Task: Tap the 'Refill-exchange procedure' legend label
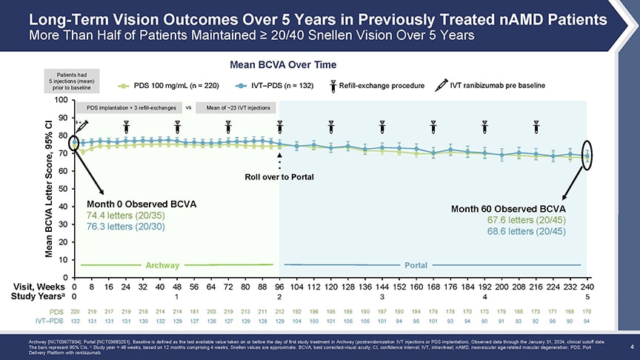point(381,85)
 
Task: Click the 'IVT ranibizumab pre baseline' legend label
point(497,85)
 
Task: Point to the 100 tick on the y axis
point(61,100)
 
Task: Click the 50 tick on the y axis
point(63,189)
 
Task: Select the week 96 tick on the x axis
point(279,287)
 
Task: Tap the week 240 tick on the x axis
point(587,287)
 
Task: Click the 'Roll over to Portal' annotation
point(279,176)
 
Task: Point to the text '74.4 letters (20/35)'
point(121,215)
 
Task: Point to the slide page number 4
point(630,345)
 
